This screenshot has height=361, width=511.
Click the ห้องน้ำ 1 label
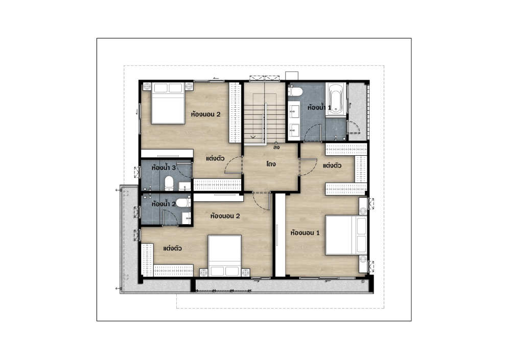click(x=319, y=107)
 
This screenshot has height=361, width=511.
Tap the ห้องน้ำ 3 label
click(x=164, y=167)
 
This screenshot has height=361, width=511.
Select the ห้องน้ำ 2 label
click(x=164, y=204)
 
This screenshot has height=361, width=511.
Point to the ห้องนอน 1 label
click(x=305, y=233)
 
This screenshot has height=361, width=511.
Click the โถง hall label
click(x=271, y=164)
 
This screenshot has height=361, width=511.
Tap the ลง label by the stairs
click(x=276, y=147)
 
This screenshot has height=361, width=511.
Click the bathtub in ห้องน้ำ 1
click(x=336, y=99)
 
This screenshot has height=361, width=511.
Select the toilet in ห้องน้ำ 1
click(x=295, y=90)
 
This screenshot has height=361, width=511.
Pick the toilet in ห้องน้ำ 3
click(x=169, y=183)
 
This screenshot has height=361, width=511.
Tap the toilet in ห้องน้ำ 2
click(x=183, y=203)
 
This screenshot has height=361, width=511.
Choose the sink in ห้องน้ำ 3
click(x=185, y=186)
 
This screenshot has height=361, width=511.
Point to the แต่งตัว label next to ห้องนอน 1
click(x=332, y=165)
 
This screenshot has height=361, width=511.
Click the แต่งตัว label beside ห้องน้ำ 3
click(x=215, y=158)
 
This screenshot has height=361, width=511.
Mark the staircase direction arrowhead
click(x=253, y=137)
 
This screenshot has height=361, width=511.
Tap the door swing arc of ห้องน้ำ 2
click(x=170, y=215)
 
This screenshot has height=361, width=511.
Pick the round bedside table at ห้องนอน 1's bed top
click(x=363, y=210)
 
